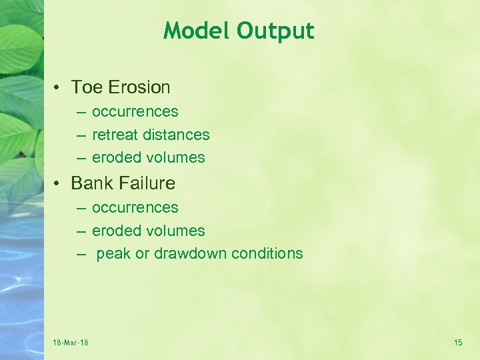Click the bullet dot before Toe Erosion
[59, 88]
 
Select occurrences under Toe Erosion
[135, 112]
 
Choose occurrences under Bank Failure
[135, 208]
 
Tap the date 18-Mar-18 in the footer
[71, 343]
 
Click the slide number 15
[458, 343]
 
